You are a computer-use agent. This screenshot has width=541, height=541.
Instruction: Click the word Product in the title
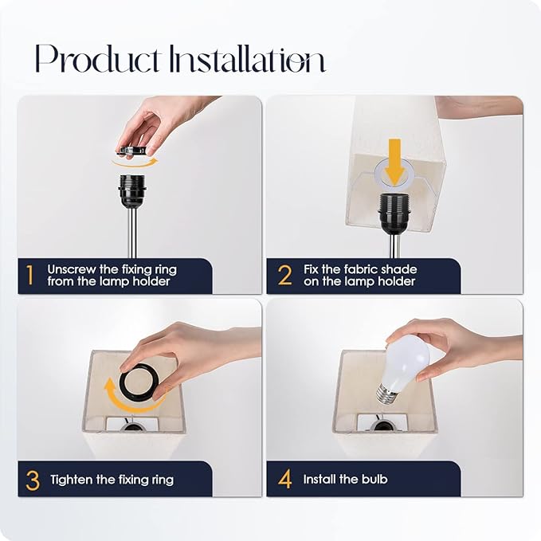[97, 58]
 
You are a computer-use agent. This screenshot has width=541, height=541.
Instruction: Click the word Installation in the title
[247, 58]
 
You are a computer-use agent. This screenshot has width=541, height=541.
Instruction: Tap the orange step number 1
[30, 276]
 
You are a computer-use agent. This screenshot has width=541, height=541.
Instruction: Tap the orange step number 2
[284, 276]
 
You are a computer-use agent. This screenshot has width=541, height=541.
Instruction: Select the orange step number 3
[33, 480]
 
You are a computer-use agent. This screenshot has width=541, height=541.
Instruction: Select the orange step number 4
[285, 479]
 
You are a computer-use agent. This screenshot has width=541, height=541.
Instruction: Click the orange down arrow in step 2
[394, 162]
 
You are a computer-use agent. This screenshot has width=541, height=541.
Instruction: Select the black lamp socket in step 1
[132, 192]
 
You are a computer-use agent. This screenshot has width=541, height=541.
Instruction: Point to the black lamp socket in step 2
[394, 211]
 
